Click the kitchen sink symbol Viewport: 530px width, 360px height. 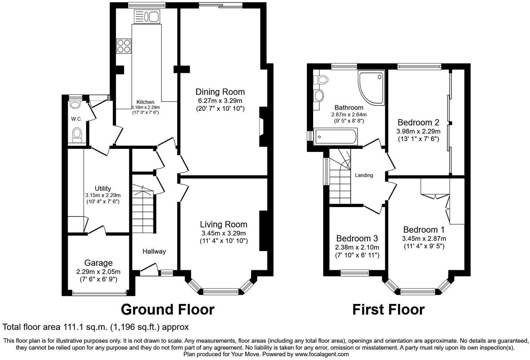coord(146,16)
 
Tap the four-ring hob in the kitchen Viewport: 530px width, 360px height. coord(124,46)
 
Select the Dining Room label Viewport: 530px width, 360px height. coord(220,92)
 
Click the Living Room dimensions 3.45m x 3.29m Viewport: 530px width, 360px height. coord(223,233)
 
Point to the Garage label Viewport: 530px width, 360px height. coord(98,263)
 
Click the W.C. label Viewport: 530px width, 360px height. coord(77,119)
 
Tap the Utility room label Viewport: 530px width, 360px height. coord(103,188)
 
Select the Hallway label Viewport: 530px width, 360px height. coord(154,251)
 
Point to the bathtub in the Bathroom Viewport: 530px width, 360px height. coord(335,137)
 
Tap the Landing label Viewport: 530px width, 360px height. coord(364,175)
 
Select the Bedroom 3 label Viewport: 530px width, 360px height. coord(357,238)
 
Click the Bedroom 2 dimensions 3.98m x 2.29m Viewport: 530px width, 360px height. coord(418,132)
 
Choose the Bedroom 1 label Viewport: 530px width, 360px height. coord(424,230)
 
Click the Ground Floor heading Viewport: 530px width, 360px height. coord(167,309)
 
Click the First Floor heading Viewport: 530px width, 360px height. coord(388,309)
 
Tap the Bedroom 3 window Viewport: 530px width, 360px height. coord(355,273)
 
